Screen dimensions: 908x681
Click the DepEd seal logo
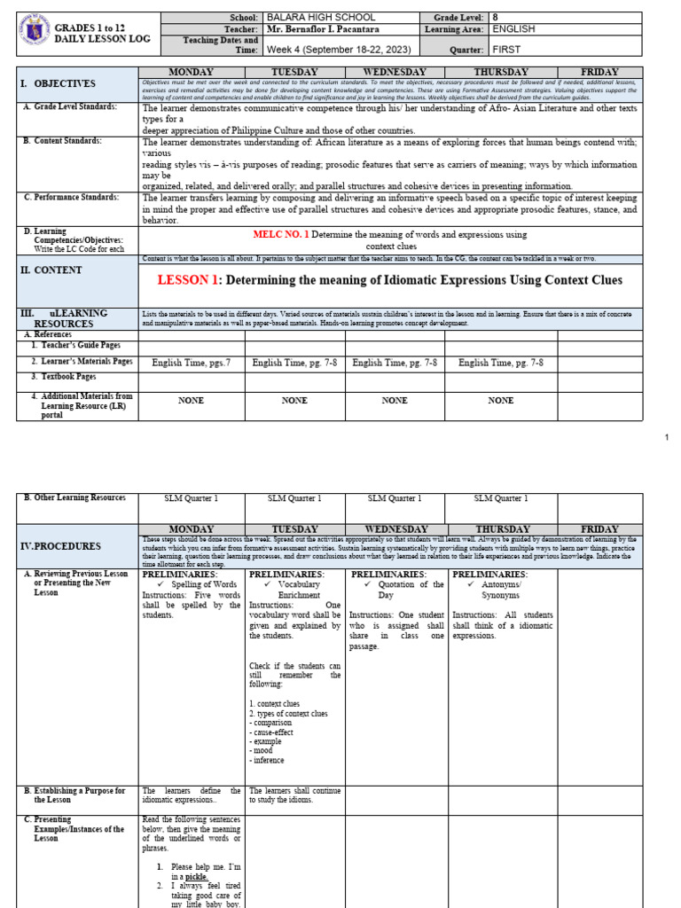(33, 34)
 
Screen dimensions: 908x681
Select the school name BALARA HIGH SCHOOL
(320, 17)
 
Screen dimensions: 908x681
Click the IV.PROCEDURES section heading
(61, 546)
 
